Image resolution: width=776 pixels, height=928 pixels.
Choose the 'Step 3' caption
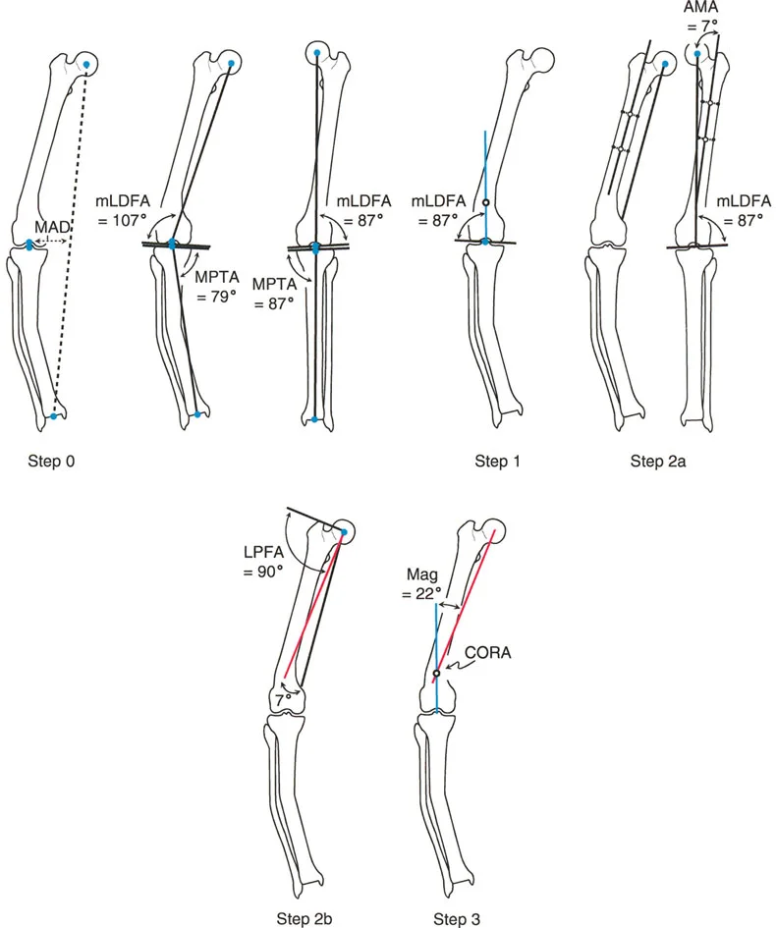coord(457,918)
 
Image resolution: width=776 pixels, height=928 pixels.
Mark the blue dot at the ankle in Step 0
coord(54,416)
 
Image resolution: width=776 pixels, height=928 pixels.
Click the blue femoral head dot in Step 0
coord(87,65)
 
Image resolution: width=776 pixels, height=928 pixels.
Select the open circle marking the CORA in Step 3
coord(436,674)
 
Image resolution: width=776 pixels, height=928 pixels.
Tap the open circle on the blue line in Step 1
coord(486,204)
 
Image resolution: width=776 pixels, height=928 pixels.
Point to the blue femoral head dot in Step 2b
coord(344,532)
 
